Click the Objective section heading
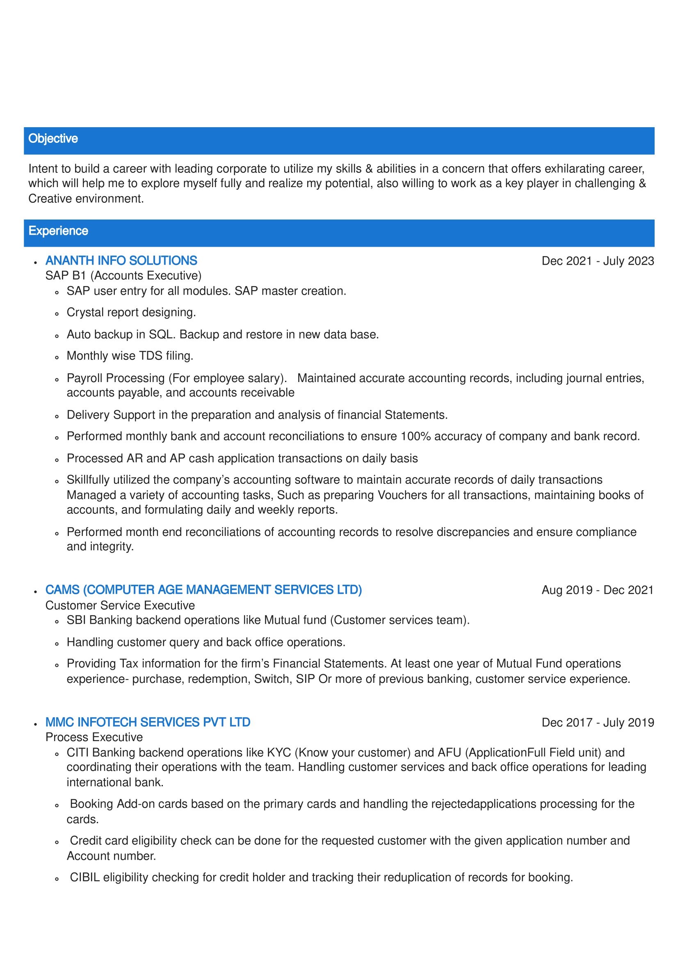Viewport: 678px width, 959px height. pyautogui.click(x=53, y=139)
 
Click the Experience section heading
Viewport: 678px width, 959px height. pyautogui.click(x=58, y=231)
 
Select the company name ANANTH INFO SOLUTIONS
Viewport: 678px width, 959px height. pyautogui.click(x=121, y=261)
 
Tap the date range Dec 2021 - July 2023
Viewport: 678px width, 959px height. pyautogui.click(x=598, y=261)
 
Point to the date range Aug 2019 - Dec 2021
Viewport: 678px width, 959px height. pyautogui.click(x=598, y=590)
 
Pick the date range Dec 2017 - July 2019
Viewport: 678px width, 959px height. pyautogui.click(x=598, y=723)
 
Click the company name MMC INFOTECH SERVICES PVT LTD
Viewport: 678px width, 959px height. pyautogui.click(x=148, y=723)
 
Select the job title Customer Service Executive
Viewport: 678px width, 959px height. pyautogui.click(x=120, y=605)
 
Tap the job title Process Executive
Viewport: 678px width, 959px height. pyautogui.click(x=94, y=737)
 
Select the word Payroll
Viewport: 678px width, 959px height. pyautogui.click(x=85, y=378)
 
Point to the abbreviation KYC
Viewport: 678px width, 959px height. pyautogui.click(x=279, y=753)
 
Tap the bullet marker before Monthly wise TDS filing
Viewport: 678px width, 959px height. pyautogui.click(x=57, y=357)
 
